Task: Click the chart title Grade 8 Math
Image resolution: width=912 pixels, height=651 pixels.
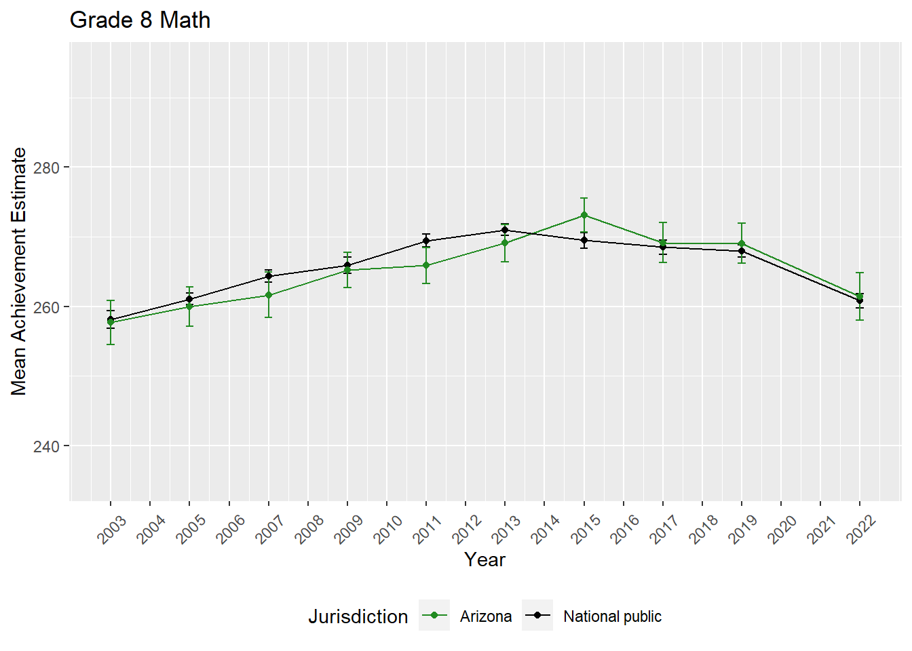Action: pos(140,20)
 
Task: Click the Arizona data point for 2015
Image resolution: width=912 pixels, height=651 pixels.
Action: pos(584,215)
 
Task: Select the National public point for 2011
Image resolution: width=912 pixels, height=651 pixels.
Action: pos(426,241)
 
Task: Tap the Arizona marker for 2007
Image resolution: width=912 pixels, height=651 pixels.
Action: pos(269,295)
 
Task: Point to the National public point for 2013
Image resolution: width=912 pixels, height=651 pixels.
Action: pos(505,230)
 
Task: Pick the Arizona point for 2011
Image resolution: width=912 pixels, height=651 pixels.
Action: pos(426,265)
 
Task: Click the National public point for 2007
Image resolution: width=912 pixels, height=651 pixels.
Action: pos(269,276)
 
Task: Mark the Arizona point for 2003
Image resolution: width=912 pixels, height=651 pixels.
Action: pos(111,323)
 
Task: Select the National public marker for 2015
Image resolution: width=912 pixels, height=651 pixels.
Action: pos(584,240)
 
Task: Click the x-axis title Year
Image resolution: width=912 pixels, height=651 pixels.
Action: pos(484,559)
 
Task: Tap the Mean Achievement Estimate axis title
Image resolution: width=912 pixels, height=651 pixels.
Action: pos(19,271)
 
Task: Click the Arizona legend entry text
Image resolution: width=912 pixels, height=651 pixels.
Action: pos(486,616)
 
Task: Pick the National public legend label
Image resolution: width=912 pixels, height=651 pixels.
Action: pos(612,616)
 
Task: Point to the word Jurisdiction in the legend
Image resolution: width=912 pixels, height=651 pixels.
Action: pos(358,616)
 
